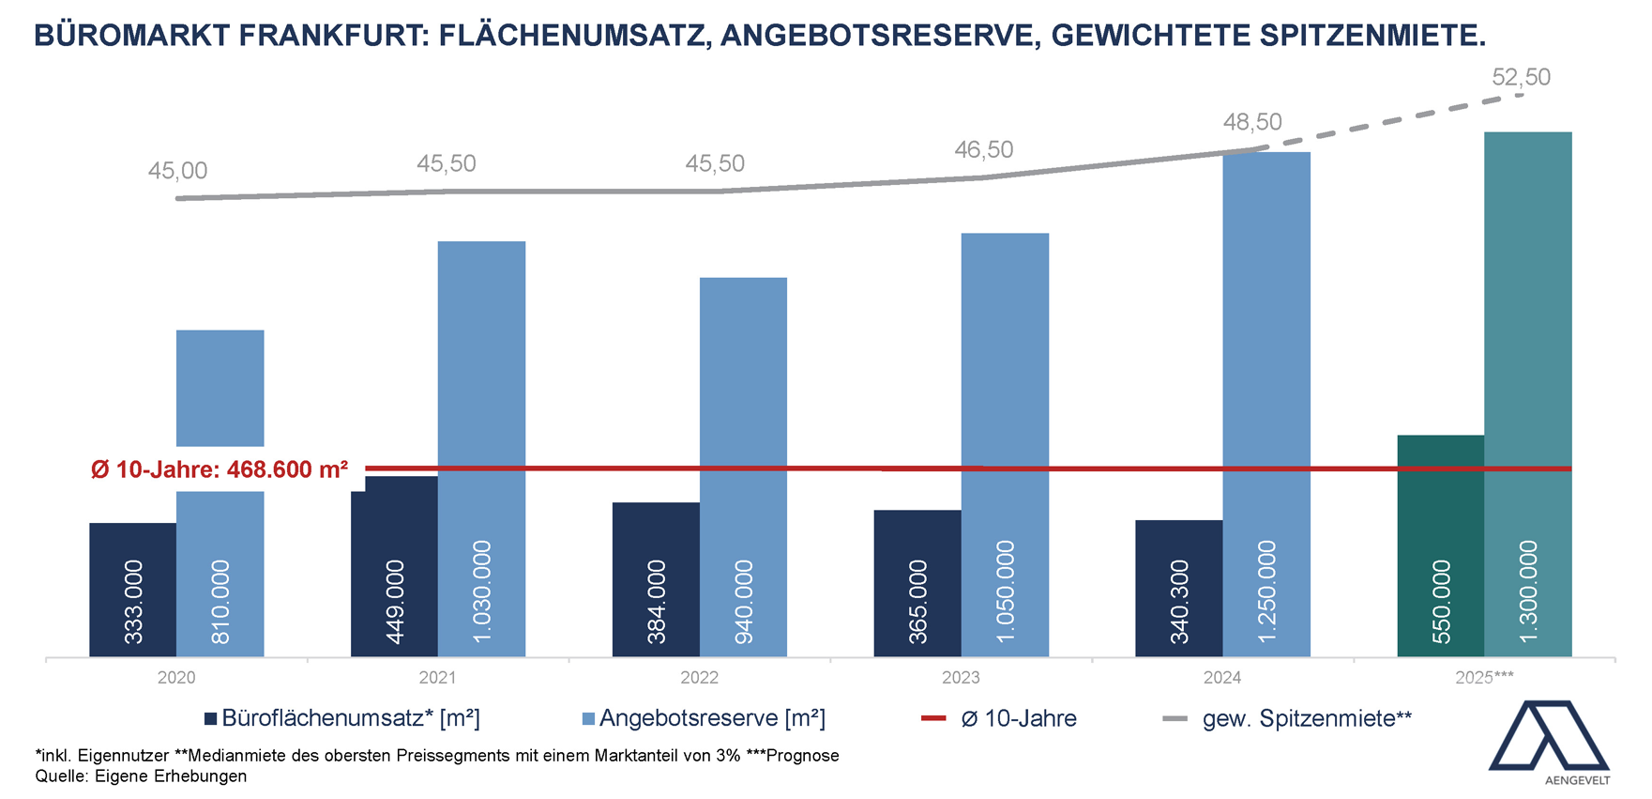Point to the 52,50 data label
(1521, 77)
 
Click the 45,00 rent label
(177, 171)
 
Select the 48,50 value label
(1251, 122)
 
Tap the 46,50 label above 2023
(983, 150)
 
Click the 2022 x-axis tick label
(699, 678)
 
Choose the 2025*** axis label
(1484, 678)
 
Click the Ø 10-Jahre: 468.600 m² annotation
(220, 469)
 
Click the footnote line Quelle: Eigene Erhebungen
(141, 776)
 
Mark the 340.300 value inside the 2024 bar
(1179, 601)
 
